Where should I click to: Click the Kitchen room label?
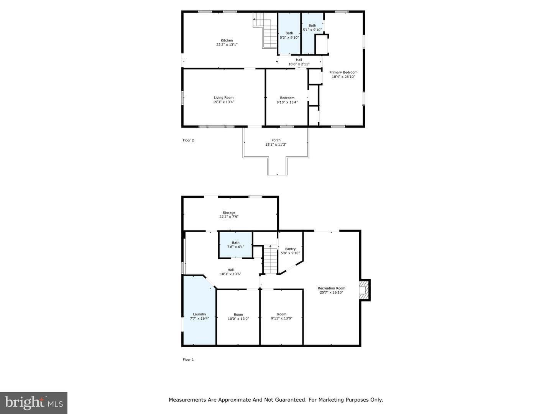227,40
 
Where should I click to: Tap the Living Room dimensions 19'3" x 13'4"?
223,102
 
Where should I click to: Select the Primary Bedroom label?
343,72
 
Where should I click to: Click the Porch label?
276,140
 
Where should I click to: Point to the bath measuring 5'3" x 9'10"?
289,34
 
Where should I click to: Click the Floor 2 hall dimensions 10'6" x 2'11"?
299,64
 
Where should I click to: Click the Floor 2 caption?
188,140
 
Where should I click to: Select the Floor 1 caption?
188,360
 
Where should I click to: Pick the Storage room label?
229,212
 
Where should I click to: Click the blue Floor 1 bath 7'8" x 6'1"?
235,245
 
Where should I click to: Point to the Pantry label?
290,249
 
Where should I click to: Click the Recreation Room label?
332,288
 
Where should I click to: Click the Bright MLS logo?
34,403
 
